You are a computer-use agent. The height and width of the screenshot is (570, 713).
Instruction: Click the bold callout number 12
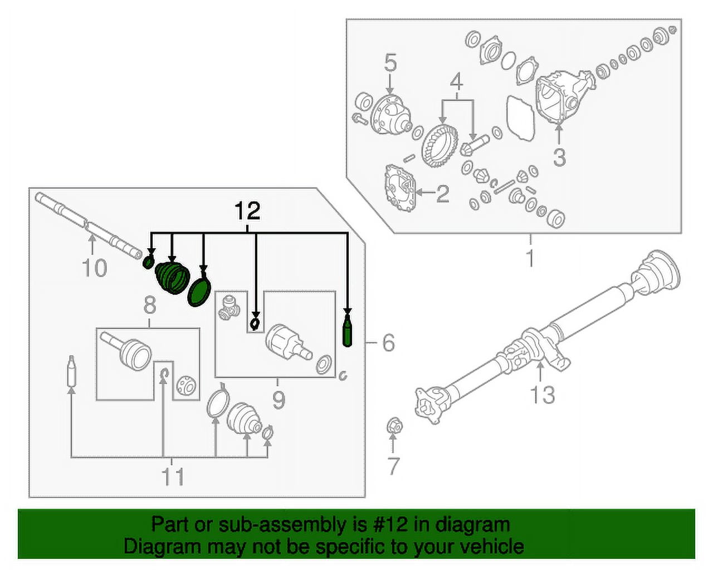click(247, 212)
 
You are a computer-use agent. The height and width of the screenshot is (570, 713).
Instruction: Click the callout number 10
click(94, 268)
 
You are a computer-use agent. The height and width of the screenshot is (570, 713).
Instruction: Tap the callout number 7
click(393, 466)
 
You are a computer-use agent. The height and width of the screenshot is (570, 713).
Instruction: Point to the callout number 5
click(390, 63)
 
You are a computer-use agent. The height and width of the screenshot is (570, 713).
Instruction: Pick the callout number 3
click(559, 157)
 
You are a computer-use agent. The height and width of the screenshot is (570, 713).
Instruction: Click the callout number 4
click(456, 82)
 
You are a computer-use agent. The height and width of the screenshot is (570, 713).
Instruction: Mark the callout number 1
click(530, 258)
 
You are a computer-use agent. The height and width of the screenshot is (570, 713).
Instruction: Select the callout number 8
click(149, 305)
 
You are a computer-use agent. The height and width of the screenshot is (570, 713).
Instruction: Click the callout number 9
click(278, 400)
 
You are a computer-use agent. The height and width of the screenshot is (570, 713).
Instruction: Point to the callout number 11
click(173, 476)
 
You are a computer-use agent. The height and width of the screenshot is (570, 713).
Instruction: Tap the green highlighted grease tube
click(347, 332)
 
